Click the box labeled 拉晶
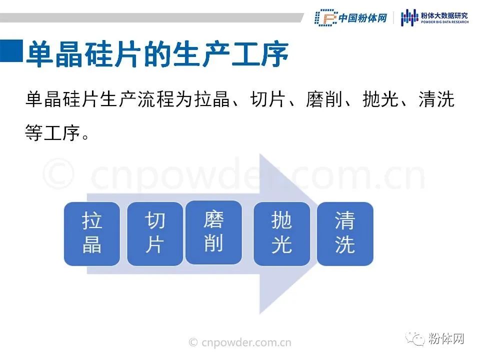point(91,233)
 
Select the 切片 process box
point(155,233)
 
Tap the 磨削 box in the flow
point(213,232)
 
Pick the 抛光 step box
point(281,233)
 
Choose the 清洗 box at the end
point(345,233)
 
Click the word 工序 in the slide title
point(260,53)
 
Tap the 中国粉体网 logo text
point(363,18)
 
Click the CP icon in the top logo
point(326,18)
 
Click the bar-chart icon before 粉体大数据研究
point(409,18)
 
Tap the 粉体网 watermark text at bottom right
point(446,339)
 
